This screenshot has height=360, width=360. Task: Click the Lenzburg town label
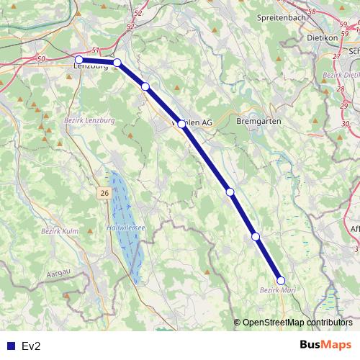(91, 66)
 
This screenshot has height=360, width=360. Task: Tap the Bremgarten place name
(256, 122)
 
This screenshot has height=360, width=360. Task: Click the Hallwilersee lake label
(126, 227)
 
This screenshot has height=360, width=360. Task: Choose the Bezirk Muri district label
(276, 290)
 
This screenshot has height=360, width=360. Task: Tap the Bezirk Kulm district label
(60, 230)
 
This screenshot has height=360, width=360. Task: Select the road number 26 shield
(104, 193)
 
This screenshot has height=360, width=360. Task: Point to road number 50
(40, 58)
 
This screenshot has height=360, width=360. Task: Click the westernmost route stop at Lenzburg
(79, 60)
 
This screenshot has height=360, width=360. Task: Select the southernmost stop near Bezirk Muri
(281, 281)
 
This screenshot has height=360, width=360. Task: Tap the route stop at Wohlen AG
(181, 124)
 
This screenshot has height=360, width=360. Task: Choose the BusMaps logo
(325, 345)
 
